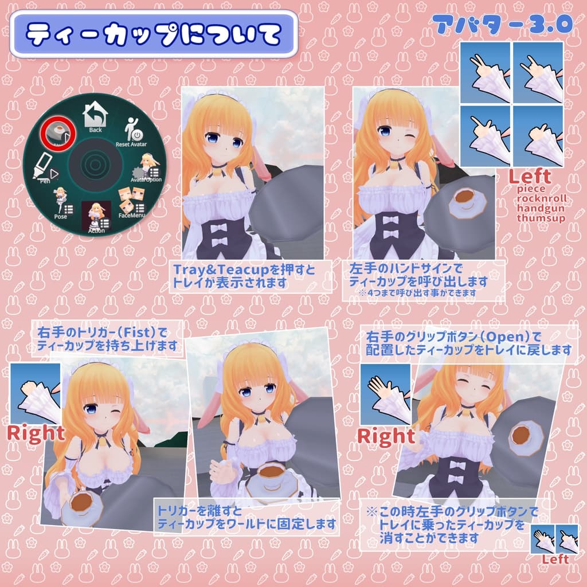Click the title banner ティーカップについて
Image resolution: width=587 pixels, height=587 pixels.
(154, 35)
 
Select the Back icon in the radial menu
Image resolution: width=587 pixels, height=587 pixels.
(95, 118)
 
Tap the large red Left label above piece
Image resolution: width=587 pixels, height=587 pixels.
(530, 176)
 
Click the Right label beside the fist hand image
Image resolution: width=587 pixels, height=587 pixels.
(36, 433)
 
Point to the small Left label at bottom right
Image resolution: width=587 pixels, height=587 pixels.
(555, 559)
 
